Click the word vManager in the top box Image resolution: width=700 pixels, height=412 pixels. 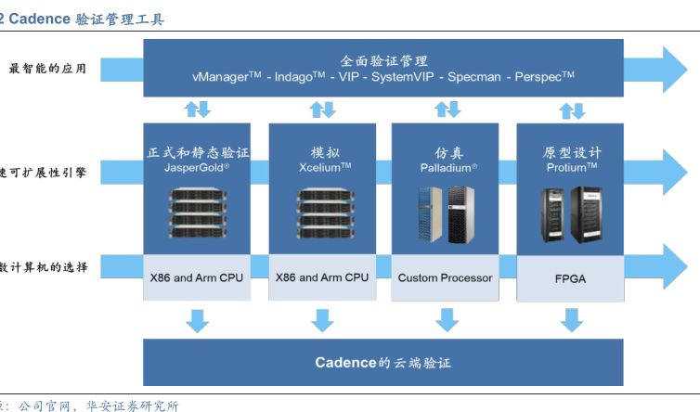coord(227,77)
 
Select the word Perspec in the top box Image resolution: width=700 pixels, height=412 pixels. coord(543,77)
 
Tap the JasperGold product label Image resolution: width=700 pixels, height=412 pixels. coord(196,168)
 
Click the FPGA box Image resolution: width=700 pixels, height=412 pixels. coord(570,277)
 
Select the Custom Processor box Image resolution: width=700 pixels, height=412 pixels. coord(446,277)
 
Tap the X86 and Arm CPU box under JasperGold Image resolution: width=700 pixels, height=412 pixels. coord(197,277)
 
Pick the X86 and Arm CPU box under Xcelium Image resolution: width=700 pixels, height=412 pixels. coord(322,277)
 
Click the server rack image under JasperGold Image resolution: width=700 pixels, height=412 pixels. coord(197,211)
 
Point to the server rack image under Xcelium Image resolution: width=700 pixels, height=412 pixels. coord(322,211)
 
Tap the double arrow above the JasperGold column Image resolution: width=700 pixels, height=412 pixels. coord(197,109)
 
